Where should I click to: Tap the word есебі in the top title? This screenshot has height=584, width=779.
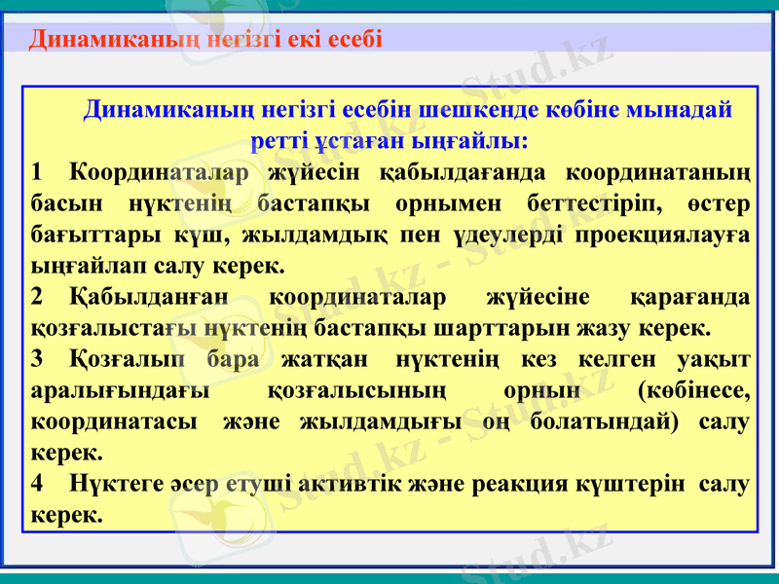point(354,39)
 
